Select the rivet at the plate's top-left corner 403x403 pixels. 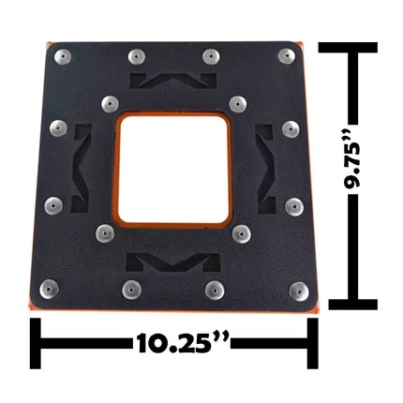pyautogui.click(x=61, y=56)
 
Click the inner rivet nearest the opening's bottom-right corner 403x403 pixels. pyautogui.click(x=241, y=231)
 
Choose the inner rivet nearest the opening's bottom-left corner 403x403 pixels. pyautogui.click(x=104, y=231)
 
